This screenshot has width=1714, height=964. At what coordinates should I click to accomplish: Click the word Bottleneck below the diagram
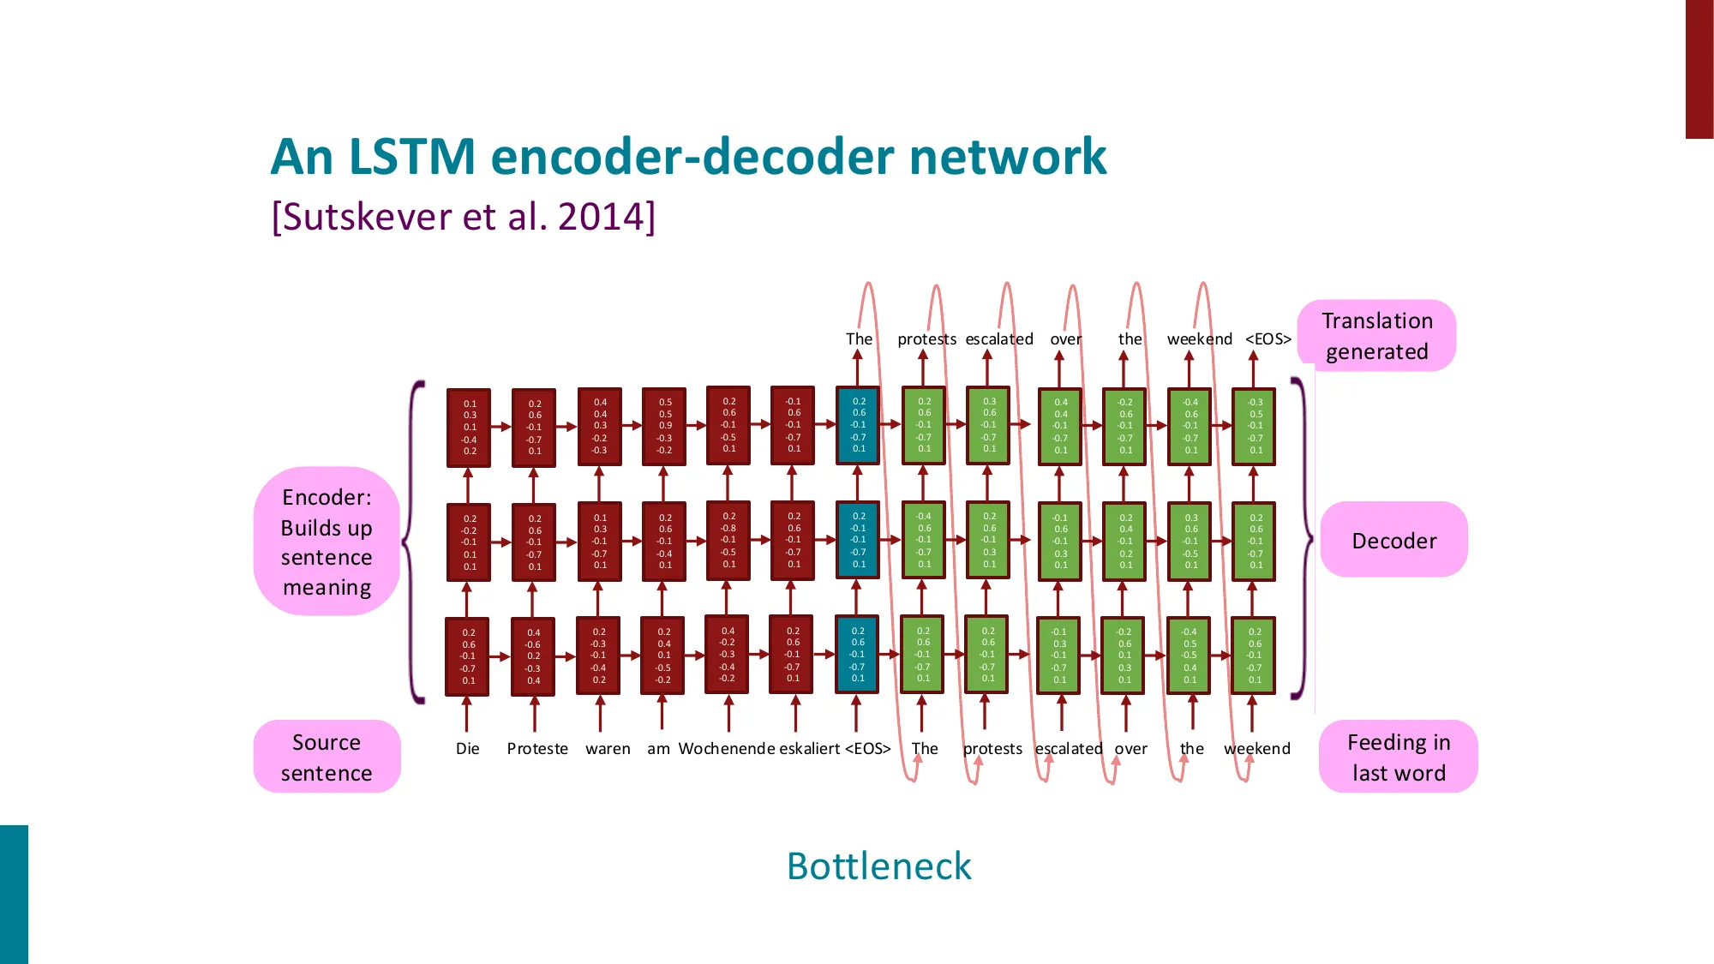878,866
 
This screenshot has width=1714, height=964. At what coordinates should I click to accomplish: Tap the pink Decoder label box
1393,541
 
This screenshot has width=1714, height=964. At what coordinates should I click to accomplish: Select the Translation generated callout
1376,336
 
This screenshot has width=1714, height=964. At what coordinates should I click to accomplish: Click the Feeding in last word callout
1398,757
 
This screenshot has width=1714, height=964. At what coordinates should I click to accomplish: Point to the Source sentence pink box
327,757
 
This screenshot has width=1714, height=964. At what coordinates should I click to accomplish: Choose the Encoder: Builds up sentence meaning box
327,542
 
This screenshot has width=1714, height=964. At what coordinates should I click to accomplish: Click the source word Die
467,749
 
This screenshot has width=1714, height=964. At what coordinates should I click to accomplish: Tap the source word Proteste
537,749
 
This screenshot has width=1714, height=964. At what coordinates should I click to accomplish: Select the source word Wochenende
727,749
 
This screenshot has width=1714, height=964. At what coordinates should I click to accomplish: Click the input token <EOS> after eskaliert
868,749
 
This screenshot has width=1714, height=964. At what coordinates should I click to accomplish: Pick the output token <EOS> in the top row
1268,339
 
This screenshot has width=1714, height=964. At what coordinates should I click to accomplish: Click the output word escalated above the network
999,339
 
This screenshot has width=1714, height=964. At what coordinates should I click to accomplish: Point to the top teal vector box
858,426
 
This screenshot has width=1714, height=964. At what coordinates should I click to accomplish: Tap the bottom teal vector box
857,655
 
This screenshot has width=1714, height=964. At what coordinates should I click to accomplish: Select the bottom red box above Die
468,656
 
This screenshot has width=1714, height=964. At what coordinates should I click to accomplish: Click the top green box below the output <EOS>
1255,427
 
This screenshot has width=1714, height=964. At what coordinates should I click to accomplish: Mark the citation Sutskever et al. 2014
464,217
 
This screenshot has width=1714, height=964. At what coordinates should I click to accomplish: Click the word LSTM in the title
411,157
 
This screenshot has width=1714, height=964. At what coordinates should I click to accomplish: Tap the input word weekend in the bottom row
1256,749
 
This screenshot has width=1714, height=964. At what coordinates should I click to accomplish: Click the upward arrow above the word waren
600,713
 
